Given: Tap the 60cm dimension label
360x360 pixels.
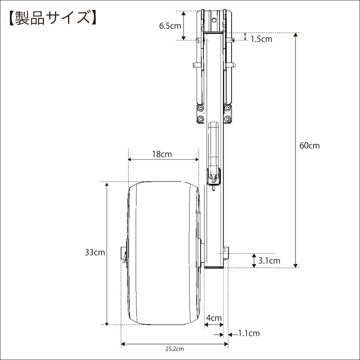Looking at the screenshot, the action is pyautogui.click(x=310, y=145).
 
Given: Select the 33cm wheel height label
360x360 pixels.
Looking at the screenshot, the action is pyautogui.click(x=95, y=252).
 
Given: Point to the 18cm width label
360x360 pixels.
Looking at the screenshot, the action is pyautogui.click(x=162, y=154).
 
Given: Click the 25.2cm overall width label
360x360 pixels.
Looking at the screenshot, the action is pyautogui.click(x=175, y=349).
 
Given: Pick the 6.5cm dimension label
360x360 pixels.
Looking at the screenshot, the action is pyautogui.click(x=170, y=26).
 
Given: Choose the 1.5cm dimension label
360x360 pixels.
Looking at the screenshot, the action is pyautogui.click(x=261, y=39).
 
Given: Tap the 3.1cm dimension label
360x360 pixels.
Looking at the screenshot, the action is pyautogui.click(x=269, y=261).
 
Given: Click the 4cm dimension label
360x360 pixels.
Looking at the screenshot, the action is pyautogui.click(x=214, y=318).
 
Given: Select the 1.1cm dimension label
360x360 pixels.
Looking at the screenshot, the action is pyautogui.click(x=249, y=333).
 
